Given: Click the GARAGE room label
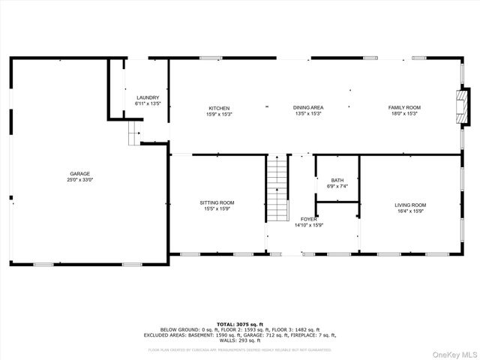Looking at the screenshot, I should (80, 173).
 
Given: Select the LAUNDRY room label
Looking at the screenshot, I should (148, 98).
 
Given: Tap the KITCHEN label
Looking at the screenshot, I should (219, 108).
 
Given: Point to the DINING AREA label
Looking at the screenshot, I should (307, 108).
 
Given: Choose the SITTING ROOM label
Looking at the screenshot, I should (217, 202).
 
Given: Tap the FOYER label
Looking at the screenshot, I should (309, 219).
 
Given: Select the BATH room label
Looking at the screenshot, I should (337, 180).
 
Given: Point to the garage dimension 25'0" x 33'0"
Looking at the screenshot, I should (80, 180).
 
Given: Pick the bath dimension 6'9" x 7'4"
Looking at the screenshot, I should (337, 186).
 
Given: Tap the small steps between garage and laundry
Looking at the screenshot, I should (133, 135).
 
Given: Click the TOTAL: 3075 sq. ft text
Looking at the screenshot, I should (239, 323).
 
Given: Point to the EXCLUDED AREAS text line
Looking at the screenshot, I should (239, 335).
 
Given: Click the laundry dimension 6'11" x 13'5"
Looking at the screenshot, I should (148, 104).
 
